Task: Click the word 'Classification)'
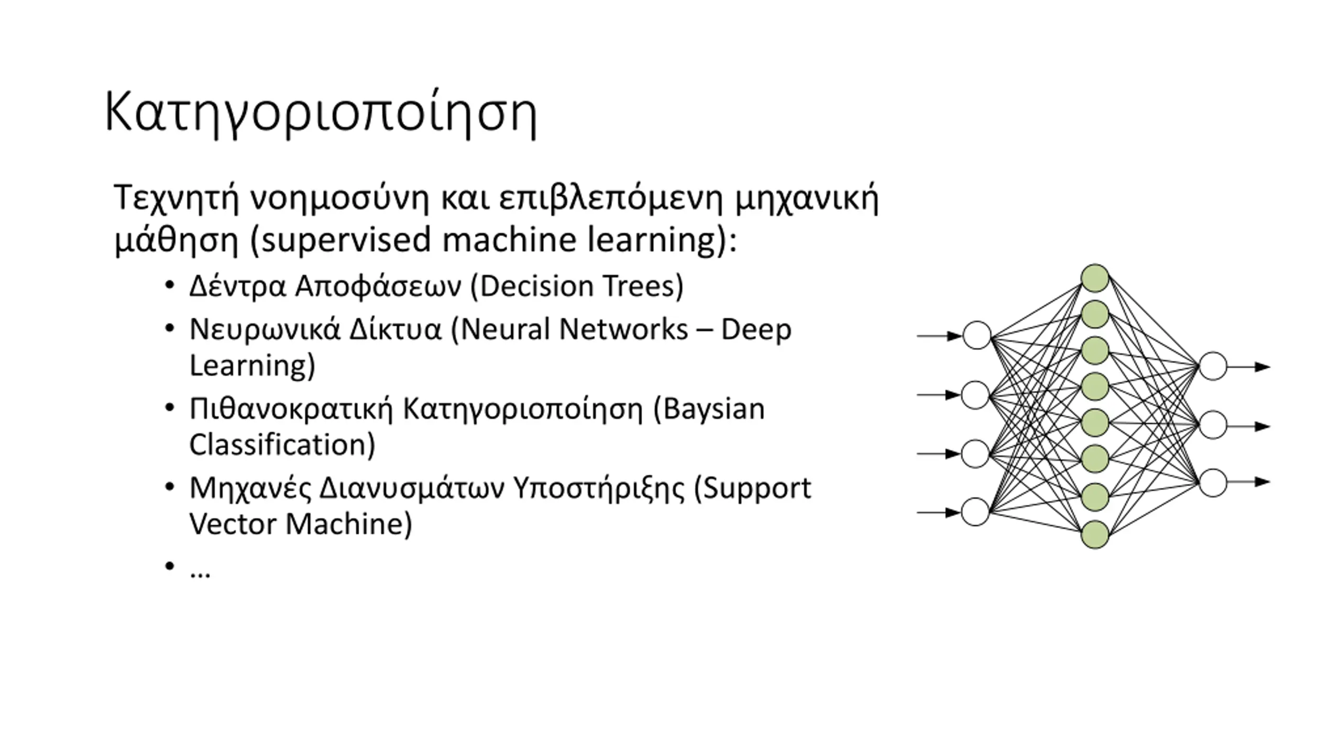point(282,445)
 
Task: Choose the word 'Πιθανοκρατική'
point(291,409)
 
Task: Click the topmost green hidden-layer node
point(1095,278)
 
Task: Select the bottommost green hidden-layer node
point(1095,535)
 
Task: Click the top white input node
point(977,336)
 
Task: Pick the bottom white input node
point(975,512)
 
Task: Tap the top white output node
point(1213,367)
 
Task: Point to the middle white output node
point(1213,425)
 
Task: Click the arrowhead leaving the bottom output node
point(1262,482)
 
